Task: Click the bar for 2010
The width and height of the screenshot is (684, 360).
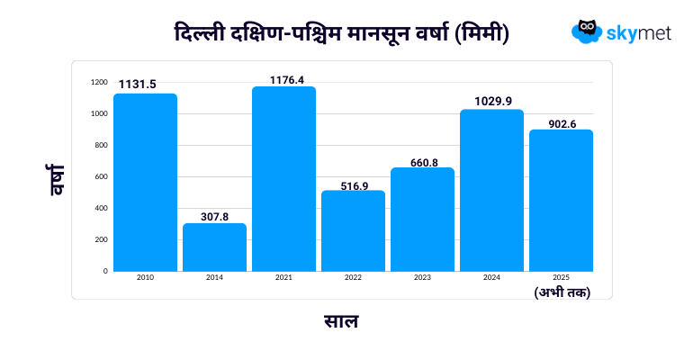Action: (x=145, y=182)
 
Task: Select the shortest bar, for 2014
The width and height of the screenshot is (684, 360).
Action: (x=214, y=247)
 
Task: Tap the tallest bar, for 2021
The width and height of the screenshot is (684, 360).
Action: (x=283, y=178)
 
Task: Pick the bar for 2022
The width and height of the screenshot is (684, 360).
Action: (x=353, y=230)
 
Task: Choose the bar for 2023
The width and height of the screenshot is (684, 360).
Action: (x=422, y=219)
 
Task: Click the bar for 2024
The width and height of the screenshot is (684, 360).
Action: (x=491, y=190)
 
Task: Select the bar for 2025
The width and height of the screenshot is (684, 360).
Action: (x=561, y=200)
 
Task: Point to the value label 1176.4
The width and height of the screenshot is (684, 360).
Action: (x=283, y=79)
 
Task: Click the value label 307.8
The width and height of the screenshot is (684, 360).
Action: (x=214, y=217)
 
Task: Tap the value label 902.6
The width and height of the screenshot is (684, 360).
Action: (x=561, y=123)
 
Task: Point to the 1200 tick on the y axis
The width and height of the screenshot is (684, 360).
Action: (x=99, y=83)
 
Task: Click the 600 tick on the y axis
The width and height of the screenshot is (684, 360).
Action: (x=100, y=176)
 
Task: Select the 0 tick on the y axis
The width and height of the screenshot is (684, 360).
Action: (x=104, y=270)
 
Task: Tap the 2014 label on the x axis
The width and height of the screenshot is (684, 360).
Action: (x=214, y=277)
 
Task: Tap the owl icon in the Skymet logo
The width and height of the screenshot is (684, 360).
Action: (x=587, y=31)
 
